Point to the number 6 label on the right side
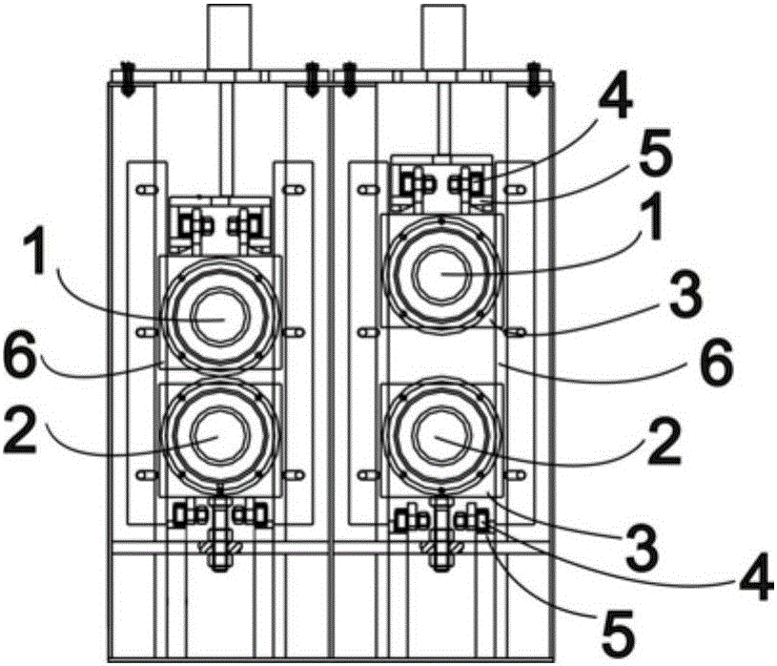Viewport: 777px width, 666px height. (x=714, y=363)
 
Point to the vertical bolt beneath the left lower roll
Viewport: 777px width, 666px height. (x=220, y=534)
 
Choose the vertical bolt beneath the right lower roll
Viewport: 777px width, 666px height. (x=441, y=534)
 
